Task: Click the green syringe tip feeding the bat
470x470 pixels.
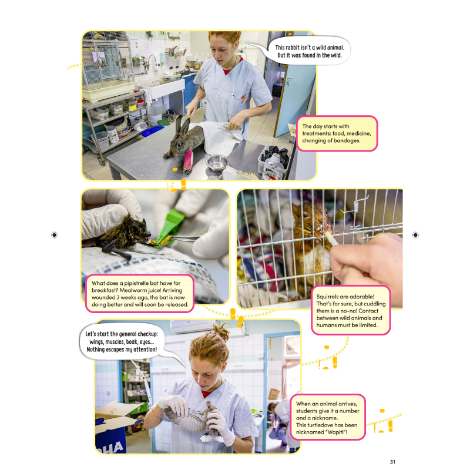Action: pos(171,226)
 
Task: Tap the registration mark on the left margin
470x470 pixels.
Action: pos(55,234)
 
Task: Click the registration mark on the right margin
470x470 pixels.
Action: pos(415,234)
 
